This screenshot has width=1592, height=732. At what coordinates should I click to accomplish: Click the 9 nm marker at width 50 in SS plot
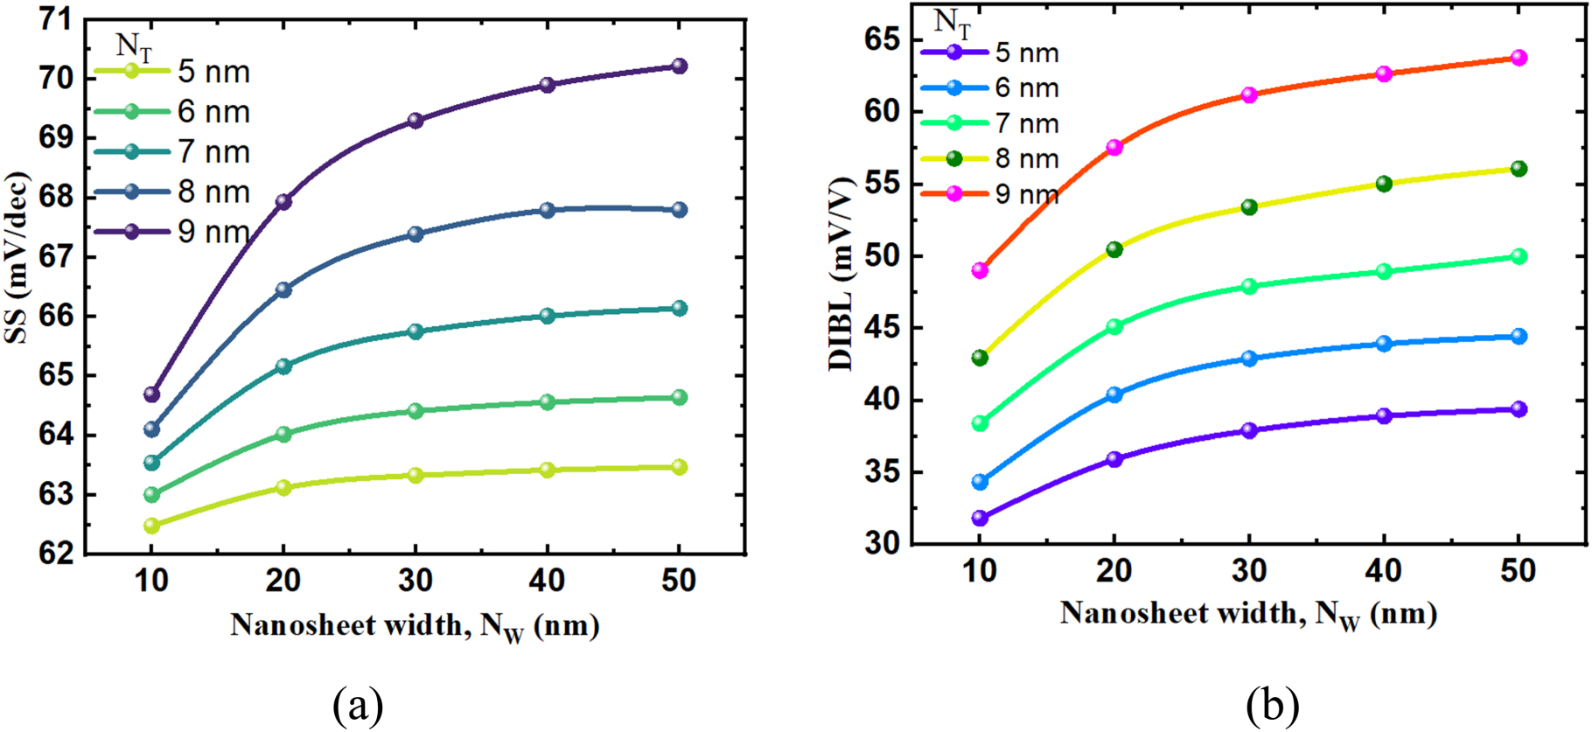coord(679,66)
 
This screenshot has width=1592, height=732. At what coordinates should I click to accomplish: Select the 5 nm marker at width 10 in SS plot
coord(151,526)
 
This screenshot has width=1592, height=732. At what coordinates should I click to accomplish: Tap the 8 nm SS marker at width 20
coord(283,289)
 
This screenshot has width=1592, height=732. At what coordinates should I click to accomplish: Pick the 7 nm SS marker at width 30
coord(415,331)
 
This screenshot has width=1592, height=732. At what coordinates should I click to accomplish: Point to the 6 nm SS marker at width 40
coord(548,402)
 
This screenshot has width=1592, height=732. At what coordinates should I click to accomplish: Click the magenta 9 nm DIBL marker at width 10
coord(980,270)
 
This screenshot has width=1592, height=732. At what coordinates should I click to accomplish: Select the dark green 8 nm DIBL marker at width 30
coord(1249,207)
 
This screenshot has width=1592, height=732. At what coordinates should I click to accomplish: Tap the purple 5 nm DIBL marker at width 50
coord(1519,409)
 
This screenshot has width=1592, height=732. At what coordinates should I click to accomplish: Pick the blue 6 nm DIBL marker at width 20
coord(1114,394)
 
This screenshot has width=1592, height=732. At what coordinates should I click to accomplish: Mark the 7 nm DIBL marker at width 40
coord(1384,272)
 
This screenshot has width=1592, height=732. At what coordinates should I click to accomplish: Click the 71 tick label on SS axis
coord(55,19)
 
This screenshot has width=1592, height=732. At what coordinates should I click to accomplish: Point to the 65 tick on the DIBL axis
coord(882,40)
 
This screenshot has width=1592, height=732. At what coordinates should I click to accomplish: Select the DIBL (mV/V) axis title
coord(841,271)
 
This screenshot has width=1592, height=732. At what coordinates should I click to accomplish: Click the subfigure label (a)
coord(358,705)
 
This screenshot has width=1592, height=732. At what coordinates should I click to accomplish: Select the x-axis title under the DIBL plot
coord(1248,614)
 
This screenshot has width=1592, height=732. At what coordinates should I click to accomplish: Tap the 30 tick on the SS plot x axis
coord(415,580)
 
